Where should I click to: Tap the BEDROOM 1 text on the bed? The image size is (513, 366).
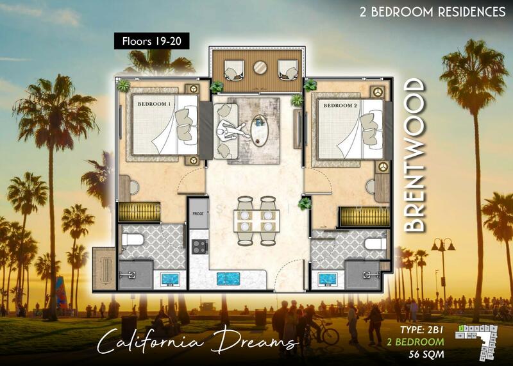click(x=152, y=104)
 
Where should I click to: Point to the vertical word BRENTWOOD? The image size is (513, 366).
click(x=416, y=155)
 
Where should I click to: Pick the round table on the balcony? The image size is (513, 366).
click(x=260, y=67)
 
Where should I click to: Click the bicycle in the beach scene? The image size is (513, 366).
click(x=327, y=333)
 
